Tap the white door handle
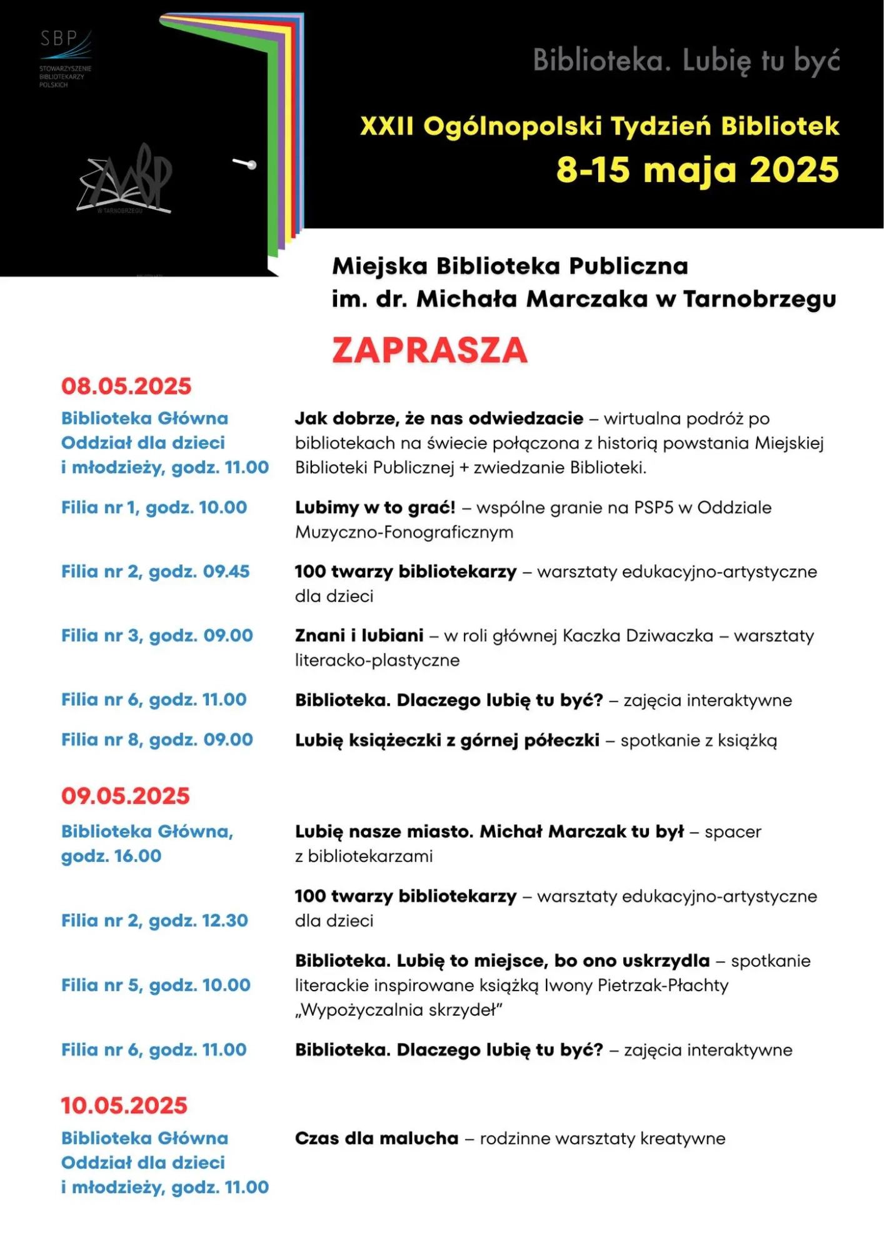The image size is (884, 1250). [245, 164]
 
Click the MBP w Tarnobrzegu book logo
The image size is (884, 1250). [126, 180]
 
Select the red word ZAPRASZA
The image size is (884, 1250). [429, 350]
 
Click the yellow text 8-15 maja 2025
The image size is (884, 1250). [697, 170]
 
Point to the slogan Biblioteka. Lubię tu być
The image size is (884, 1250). [686, 61]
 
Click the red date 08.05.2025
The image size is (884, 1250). [126, 386]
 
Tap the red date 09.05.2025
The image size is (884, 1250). [126, 796]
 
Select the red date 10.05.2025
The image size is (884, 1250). [124, 1105]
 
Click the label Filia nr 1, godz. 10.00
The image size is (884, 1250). [154, 507]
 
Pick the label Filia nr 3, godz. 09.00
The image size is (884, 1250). [157, 636]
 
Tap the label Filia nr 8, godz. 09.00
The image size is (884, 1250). [157, 739]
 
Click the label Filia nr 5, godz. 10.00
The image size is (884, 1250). [156, 985]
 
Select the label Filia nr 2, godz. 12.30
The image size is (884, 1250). [154, 921]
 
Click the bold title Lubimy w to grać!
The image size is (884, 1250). [375, 507]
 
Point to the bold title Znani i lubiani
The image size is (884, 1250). [359, 636]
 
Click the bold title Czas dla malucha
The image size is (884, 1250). [376, 1138]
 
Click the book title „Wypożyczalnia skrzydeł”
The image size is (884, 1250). [399, 1010]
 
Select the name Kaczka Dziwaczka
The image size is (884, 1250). [638, 636]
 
